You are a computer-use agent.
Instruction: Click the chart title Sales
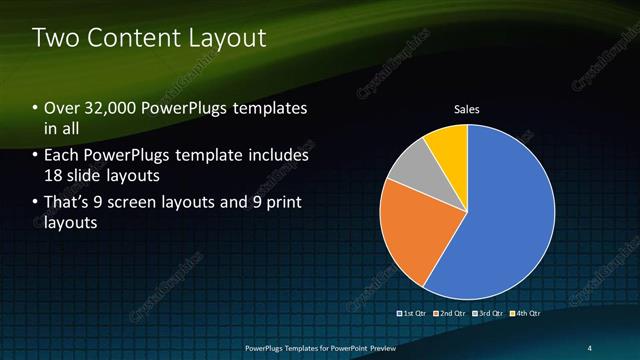point(467,109)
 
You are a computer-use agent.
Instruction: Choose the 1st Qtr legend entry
point(414,313)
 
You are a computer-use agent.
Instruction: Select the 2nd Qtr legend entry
point(449,313)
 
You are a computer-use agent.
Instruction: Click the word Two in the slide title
point(54,38)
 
